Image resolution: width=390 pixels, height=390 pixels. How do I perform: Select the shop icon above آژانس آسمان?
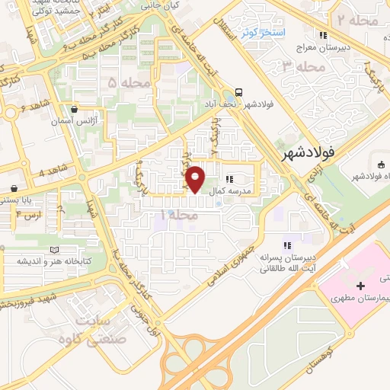[x=74, y=109]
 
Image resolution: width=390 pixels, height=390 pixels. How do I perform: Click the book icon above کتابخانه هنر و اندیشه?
[x=53, y=250]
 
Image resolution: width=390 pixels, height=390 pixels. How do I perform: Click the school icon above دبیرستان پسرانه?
[x=287, y=245]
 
